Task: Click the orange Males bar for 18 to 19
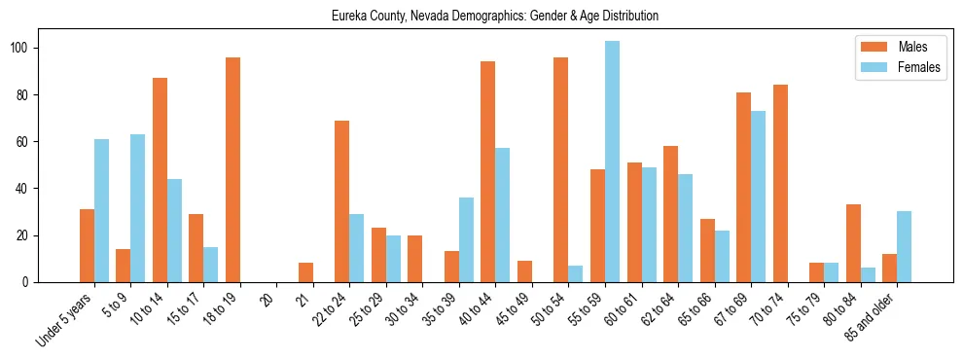[232, 170]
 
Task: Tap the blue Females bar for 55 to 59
[612, 162]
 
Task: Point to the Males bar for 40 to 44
[488, 172]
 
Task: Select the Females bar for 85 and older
[904, 247]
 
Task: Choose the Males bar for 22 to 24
[342, 201]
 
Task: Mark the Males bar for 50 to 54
[561, 170]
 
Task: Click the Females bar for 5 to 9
[138, 208]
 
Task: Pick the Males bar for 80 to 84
[853, 243]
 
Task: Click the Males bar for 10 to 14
[160, 180]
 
